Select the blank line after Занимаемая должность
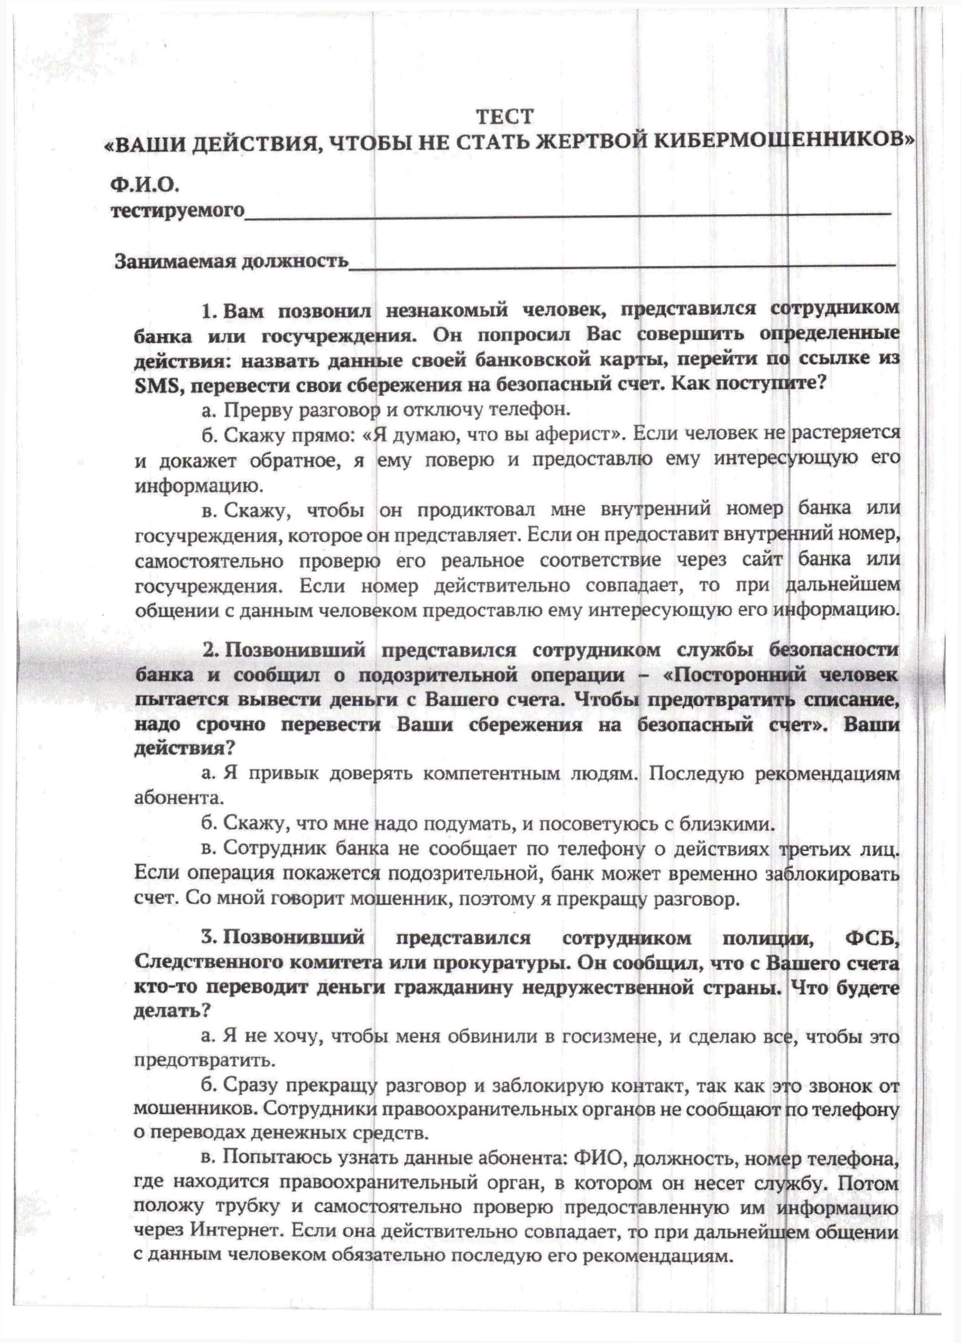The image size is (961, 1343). (x=621, y=264)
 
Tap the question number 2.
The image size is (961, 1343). (x=209, y=650)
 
